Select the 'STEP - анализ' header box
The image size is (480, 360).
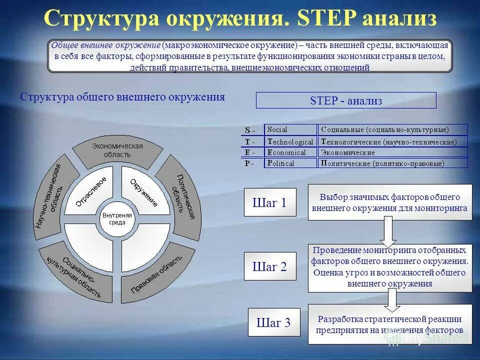click(x=346, y=100)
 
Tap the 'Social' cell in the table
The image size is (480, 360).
click(x=290, y=129)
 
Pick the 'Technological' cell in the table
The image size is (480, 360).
click(x=290, y=141)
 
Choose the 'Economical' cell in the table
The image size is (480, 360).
click(x=290, y=152)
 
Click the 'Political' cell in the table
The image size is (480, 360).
click(x=290, y=163)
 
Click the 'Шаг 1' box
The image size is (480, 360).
click(x=270, y=202)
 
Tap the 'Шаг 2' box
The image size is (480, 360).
click(x=270, y=266)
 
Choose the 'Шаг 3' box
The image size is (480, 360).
click(x=273, y=322)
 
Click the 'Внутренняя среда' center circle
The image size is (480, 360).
click(x=117, y=218)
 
